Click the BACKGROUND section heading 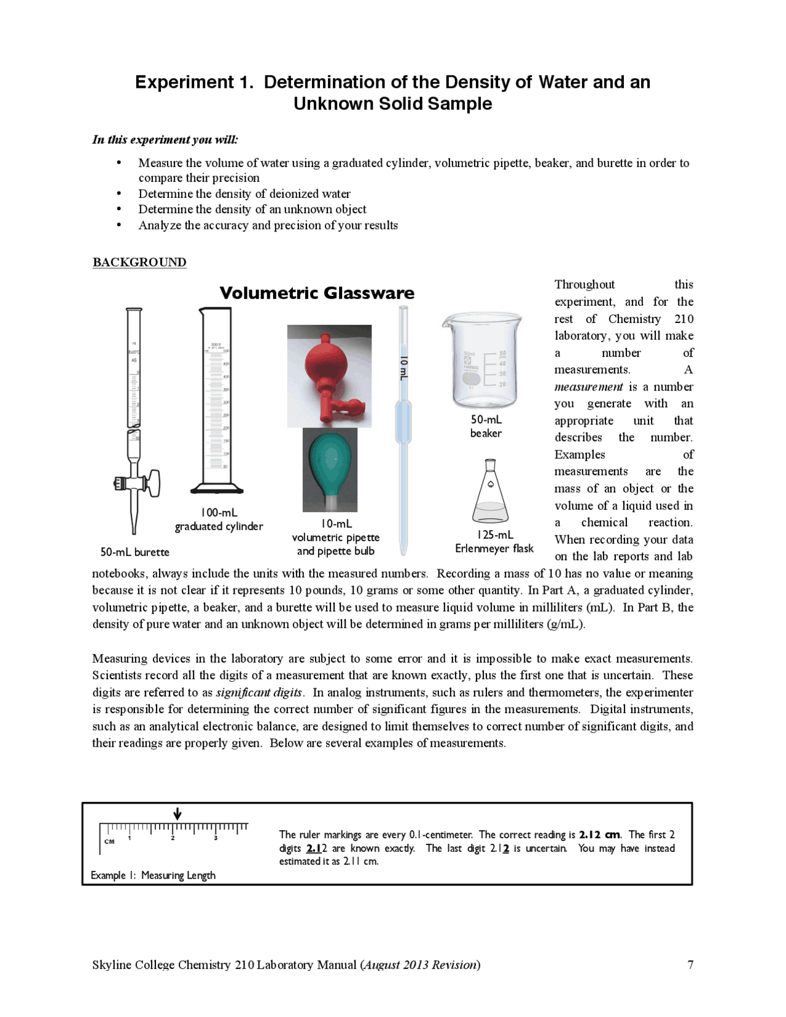(139, 262)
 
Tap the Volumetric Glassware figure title (317, 293)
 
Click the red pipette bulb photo (329, 376)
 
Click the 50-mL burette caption (134, 552)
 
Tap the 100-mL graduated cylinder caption (219, 520)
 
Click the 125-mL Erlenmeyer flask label (494, 542)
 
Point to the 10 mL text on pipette (403, 367)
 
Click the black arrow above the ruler (177, 814)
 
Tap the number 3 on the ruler (216, 838)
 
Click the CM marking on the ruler (109, 841)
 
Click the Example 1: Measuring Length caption (153, 875)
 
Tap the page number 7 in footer (690, 965)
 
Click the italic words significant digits (259, 692)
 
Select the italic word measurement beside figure (588, 387)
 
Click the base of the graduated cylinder (217, 489)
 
